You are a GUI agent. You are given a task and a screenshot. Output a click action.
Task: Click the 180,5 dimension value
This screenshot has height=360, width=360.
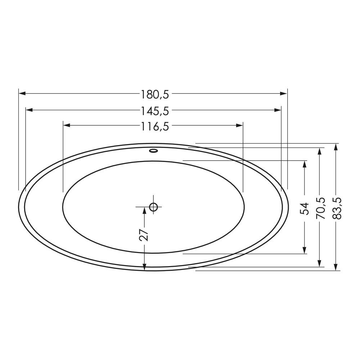click(155, 94)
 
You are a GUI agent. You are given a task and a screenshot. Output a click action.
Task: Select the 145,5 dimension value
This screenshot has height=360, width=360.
click(155, 111)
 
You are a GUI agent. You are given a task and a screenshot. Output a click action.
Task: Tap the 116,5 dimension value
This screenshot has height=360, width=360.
click(155, 126)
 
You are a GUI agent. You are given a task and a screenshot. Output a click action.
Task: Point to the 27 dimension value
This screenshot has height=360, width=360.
click(144, 235)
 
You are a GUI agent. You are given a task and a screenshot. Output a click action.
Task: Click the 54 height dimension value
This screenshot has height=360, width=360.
click(305, 208)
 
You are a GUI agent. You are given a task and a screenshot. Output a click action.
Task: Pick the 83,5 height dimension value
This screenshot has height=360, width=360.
click(336, 208)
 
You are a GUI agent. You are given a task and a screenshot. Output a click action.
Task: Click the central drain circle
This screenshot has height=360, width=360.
click(154, 207)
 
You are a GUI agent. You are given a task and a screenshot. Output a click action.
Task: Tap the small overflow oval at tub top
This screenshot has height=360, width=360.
click(154, 150)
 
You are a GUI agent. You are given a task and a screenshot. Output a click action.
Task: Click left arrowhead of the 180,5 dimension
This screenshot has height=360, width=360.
click(22, 94)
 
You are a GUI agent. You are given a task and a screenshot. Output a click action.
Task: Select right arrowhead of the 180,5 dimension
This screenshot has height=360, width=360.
click(284, 94)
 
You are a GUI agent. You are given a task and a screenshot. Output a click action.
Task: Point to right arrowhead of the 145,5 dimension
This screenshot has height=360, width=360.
click(278, 110)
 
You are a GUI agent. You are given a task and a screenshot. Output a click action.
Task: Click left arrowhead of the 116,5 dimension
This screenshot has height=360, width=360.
click(66, 125)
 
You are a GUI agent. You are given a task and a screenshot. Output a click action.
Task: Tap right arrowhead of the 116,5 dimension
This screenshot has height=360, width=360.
click(240, 125)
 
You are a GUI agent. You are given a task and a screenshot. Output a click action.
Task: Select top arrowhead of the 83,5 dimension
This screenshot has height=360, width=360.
click(336, 146)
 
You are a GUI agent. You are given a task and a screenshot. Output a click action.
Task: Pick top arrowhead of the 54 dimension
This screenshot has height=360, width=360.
click(305, 163)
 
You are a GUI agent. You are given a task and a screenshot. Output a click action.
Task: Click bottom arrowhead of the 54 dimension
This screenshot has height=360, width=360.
click(305, 251)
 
